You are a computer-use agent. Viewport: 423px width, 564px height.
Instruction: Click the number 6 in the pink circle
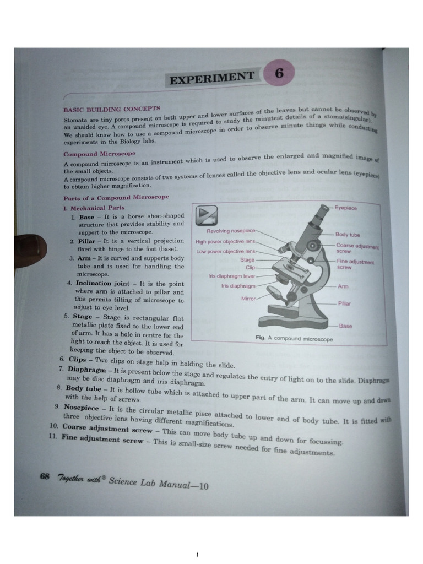point(279,75)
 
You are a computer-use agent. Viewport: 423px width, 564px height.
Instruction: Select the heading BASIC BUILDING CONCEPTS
point(112,110)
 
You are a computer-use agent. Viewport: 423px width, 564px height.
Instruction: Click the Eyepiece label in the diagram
point(346,208)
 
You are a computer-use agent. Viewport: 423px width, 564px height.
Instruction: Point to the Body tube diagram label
point(348,235)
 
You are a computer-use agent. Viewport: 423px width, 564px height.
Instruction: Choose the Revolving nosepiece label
point(231,231)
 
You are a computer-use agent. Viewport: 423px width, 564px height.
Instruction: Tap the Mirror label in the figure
point(248,299)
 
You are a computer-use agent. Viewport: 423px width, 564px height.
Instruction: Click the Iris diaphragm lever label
point(232,276)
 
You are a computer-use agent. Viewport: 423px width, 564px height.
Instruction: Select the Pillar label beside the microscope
point(344,303)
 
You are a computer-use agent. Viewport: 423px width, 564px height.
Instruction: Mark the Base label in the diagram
point(345,326)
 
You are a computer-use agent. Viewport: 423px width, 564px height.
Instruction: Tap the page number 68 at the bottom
point(45,476)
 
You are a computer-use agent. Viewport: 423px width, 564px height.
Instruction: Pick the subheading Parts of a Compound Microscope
point(116,197)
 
